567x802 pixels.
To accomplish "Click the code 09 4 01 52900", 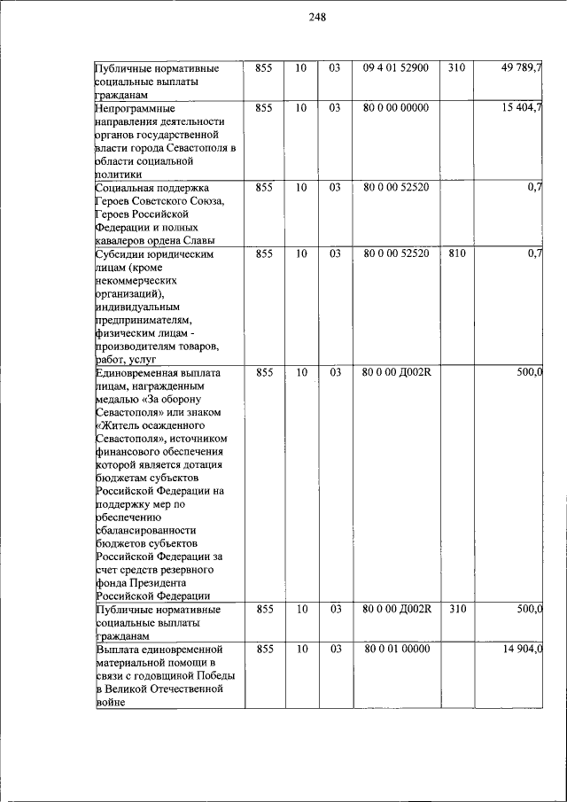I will point(396,67).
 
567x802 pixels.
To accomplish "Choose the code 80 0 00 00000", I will point(396,107).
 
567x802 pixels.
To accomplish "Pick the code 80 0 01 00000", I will point(396,649).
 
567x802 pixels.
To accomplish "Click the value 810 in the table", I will point(456,253).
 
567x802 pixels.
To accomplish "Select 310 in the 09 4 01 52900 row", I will point(456,67).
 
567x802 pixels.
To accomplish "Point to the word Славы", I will point(196,240).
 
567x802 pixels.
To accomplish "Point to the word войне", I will point(111,702).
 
